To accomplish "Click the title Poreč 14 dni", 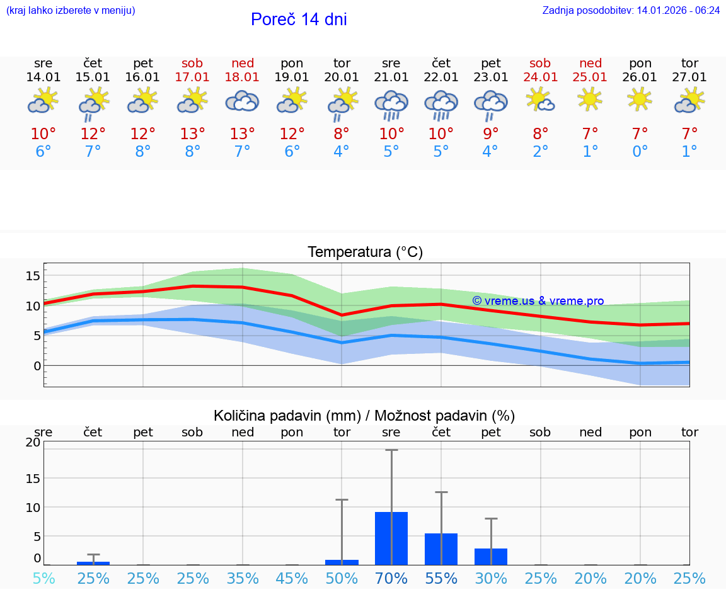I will (299, 20).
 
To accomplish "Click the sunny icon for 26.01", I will (640, 99).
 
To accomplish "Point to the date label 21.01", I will (391, 77).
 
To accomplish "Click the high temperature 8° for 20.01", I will (342, 134).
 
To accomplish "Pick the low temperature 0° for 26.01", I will (640, 152).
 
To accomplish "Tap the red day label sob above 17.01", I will (193, 63).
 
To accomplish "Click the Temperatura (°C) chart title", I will (365, 253).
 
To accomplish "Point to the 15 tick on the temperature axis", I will (33, 276).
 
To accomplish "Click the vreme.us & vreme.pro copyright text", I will (538, 301).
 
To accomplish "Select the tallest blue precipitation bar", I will (391, 538).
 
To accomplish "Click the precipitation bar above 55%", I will (441, 549).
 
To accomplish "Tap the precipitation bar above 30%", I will (491, 557).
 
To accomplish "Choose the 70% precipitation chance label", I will (391, 578).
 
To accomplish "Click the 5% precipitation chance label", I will (43, 578).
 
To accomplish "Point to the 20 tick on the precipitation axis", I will (33, 442).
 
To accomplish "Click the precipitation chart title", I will (364, 416).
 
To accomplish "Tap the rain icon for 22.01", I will (441, 105).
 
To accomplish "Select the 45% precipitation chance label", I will (292, 578).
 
